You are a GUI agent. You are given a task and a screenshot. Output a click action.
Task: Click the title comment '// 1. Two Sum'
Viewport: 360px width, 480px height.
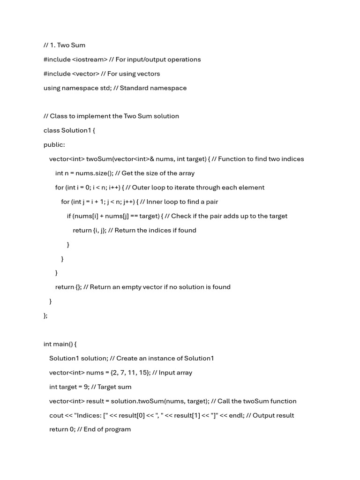coord(64,45)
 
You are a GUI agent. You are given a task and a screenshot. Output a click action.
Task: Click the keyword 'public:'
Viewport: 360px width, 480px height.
coord(54,145)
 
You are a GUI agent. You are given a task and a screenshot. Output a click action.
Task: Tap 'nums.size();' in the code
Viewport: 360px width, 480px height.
coord(96,173)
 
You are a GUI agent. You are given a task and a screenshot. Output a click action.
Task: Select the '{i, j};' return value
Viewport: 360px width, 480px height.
coord(99,231)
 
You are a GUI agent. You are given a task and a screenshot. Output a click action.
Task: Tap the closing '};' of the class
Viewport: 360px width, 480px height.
coord(45,315)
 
